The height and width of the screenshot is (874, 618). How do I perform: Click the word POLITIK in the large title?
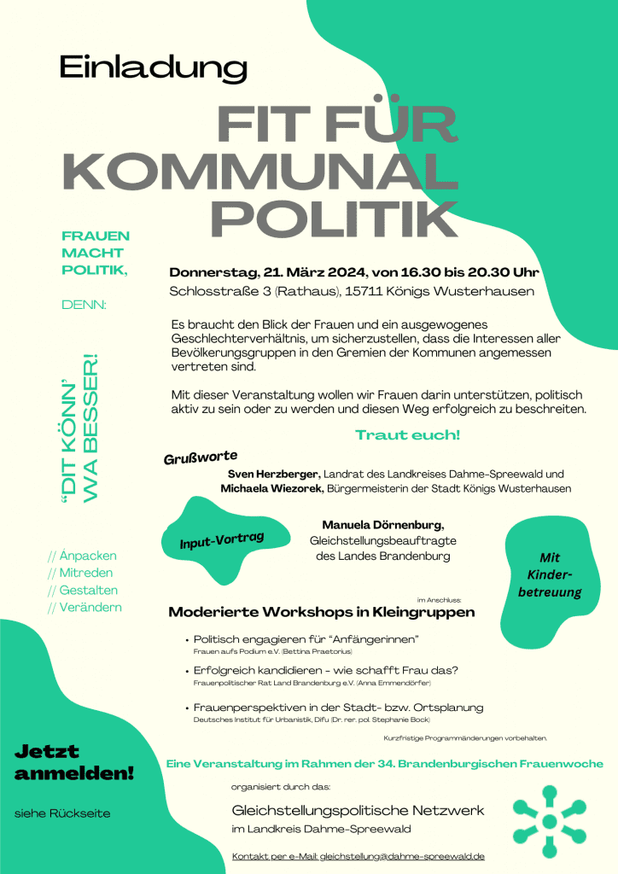pyautogui.click(x=334, y=220)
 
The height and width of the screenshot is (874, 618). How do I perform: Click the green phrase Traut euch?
pyautogui.click(x=407, y=435)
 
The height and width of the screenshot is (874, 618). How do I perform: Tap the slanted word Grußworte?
pyautogui.click(x=200, y=458)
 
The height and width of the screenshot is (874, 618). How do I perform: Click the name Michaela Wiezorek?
pyautogui.click(x=269, y=488)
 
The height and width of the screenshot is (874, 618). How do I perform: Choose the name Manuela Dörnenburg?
pyautogui.click(x=382, y=524)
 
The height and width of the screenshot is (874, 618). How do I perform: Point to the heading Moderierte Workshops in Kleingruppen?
pyautogui.click(x=321, y=612)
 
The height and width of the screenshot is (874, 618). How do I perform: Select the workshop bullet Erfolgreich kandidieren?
pyautogui.click(x=326, y=670)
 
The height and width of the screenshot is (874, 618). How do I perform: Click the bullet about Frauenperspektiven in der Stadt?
pyautogui.click(x=338, y=708)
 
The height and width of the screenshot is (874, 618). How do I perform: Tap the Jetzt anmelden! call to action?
pyautogui.click(x=74, y=763)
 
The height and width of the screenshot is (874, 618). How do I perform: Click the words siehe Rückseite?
pyautogui.click(x=63, y=813)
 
